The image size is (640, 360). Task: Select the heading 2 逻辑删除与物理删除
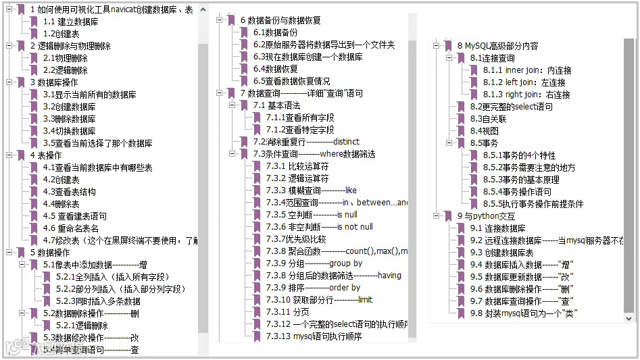70,46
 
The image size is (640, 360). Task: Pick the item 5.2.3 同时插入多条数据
98,301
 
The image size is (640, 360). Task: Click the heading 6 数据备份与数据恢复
280,20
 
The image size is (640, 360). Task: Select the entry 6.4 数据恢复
275,69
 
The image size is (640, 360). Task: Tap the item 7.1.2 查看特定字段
300,130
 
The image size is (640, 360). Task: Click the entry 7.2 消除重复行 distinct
306,142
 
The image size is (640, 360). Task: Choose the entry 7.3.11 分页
287,312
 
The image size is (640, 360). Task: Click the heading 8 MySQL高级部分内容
498,46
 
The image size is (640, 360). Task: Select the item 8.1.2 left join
524,82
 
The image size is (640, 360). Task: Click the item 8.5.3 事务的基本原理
521,180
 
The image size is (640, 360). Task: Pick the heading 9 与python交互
486,216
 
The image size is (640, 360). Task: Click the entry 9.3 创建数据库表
501,253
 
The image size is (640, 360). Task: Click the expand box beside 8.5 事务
449,143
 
